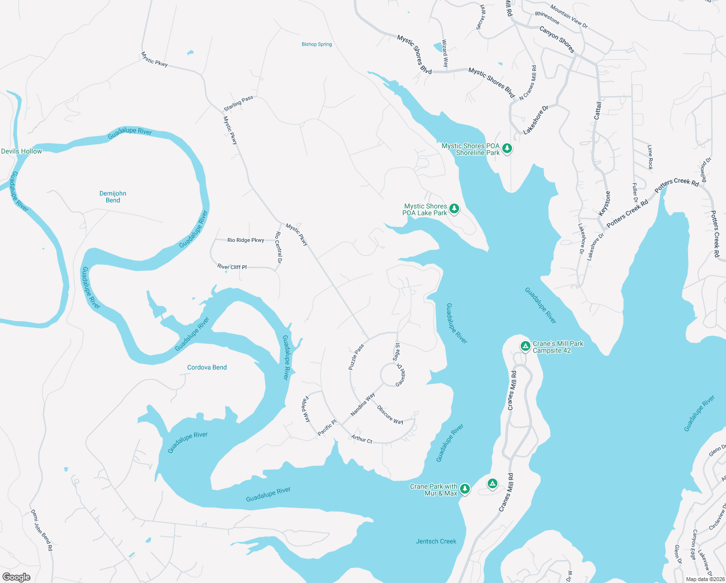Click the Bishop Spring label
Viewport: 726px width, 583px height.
click(x=316, y=44)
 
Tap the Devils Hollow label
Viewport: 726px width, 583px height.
click(x=21, y=151)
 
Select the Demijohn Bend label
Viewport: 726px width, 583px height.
click(x=113, y=197)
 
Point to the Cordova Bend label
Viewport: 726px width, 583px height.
click(x=207, y=367)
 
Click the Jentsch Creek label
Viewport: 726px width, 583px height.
click(x=436, y=541)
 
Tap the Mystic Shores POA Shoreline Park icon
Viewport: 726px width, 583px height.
click(x=507, y=148)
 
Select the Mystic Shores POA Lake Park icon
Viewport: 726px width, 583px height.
click(x=454, y=209)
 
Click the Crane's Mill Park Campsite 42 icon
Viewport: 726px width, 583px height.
click(x=525, y=346)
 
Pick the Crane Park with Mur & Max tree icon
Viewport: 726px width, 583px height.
click(x=465, y=488)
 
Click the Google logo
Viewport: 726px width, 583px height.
click(x=16, y=577)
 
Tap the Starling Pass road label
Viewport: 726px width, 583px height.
click(x=238, y=103)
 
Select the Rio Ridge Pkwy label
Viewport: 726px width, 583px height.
click(x=246, y=240)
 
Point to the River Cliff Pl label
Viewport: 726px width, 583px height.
click(x=232, y=267)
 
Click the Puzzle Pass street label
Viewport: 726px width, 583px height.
click(x=356, y=357)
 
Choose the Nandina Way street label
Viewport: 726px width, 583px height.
click(x=363, y=405)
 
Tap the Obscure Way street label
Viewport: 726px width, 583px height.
click(x=390, y=414)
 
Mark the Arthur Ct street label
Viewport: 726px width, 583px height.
click(x=362, y=439)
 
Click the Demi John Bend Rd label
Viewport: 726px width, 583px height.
click(x=42, y=530)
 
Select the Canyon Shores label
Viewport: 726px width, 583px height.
click(x=557, y=39)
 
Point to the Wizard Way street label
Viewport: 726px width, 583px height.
click(x=445, y=53)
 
